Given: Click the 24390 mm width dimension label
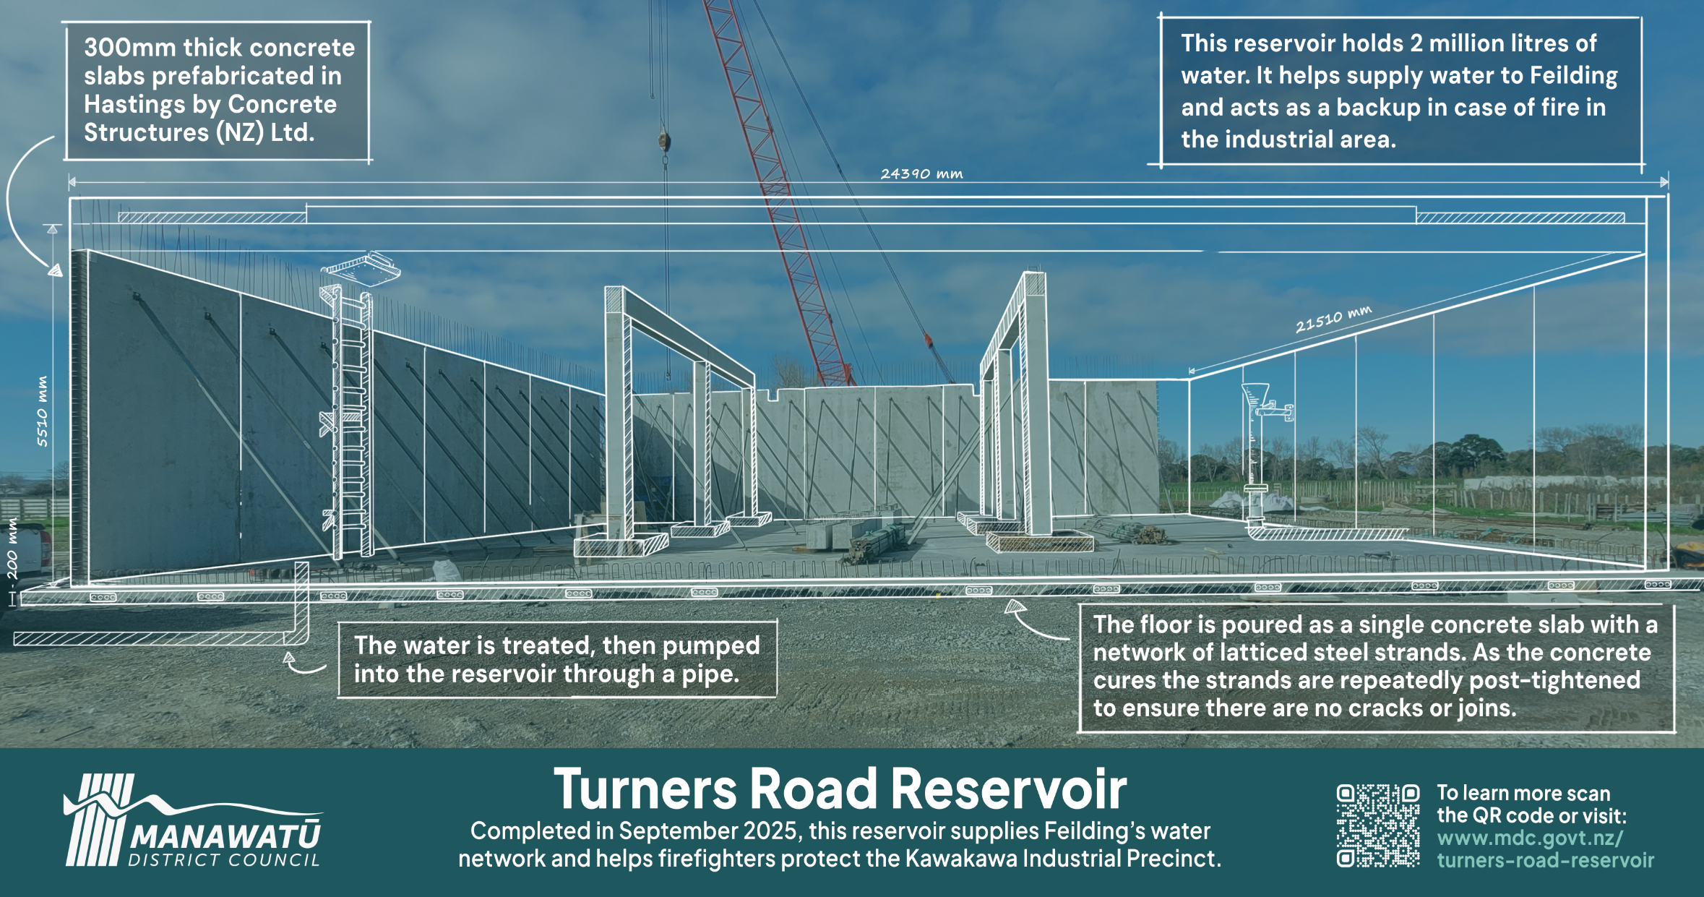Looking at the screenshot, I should click(x=921, y=173).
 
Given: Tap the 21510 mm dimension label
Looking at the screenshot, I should click(x=1333, y=319).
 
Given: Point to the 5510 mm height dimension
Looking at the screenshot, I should click(x=43, y=411).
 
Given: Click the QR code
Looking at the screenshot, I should click(x=1377, y=825).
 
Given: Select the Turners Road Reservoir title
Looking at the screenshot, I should click(x=840, y=789).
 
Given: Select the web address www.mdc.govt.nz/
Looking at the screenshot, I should click(x=1529, y=838).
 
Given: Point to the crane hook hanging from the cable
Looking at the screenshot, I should click(x=664, y=141).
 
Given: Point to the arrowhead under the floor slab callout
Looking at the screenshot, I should click(x=1015, y=607).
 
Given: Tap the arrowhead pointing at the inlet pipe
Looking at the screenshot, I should click(x=289, y=658).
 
